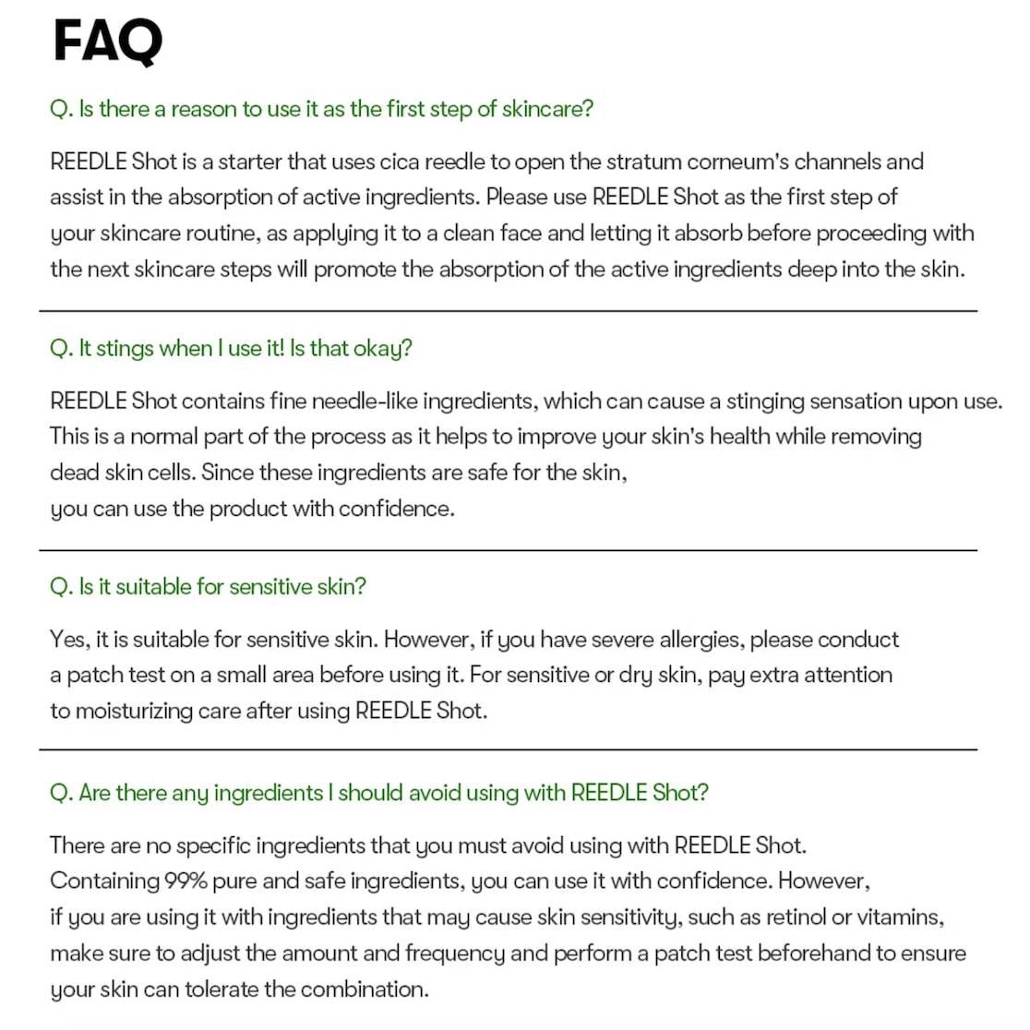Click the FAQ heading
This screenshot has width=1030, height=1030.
tap(108, 42)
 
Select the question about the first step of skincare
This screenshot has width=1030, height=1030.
tap(321, 109)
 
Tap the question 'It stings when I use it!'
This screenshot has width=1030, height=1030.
tap(231, 348)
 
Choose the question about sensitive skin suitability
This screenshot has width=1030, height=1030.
tap(208, 586)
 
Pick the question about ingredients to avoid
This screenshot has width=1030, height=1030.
tap(378, 793)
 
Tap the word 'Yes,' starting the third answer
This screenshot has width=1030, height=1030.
tap(69, 640)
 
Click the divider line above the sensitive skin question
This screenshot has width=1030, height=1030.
tap(508, 551)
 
